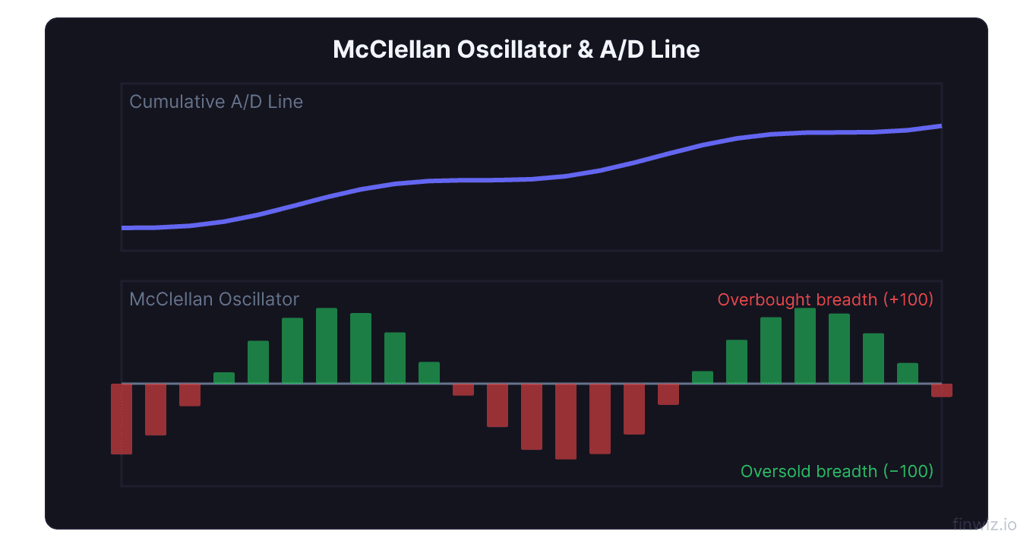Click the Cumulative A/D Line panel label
pyautogui.click(x=216, y=102)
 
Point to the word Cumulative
pyautogui.click(x=171, y=102)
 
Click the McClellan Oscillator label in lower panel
pyautogui.click(x=214, y=299)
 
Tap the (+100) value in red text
pyautogui.click(x=907, y=299)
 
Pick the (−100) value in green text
pyautogui.click(x=908, y=472)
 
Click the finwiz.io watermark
pyautogui.click(x=984, y=524)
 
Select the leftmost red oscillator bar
pyautogui.click(x=122, y=419)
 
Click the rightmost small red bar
pyautogui.click(x=942, y=390)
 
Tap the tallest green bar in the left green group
pyautogui.click(x=327, y=346)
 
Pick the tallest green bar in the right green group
pyautogui.click(x=805, y=346)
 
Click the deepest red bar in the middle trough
pyautogui.click(x=566, y=421)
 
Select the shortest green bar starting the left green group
pyautogui.click(x=224, y=378)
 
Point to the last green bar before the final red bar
pyautogui.click(x=908, y=373)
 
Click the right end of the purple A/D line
pyautogui.click(x=940, y=126)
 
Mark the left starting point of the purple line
pyautogui.click(x=123, y=228)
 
